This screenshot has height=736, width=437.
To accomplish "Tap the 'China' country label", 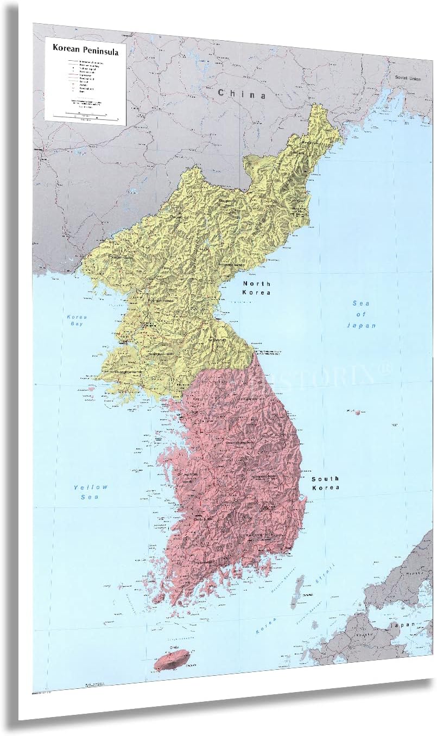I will (242, 94).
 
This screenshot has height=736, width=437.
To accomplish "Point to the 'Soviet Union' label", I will (408, 78).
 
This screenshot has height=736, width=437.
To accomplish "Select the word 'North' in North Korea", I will (256, 284).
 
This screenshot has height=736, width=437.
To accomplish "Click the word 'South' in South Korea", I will (325, 479).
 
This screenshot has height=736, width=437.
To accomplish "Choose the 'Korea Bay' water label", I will (77, 320).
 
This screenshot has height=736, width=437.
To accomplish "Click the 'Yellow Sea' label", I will (91, 492).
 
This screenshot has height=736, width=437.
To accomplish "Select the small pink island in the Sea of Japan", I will (357, 413).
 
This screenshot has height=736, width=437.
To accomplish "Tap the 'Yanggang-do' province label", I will (228, 201).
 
